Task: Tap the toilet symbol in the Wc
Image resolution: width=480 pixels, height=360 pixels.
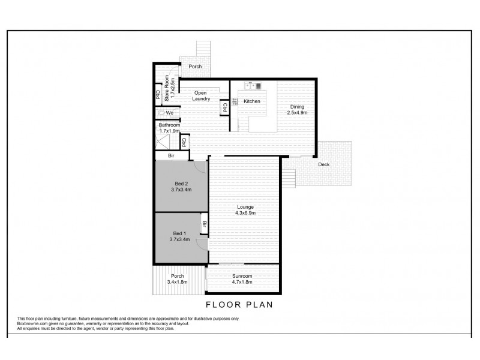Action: tap(161, 112)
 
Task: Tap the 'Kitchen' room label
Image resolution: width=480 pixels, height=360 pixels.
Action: tap(252, 101)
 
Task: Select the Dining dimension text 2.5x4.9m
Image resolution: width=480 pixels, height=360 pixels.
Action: tap(297, 112)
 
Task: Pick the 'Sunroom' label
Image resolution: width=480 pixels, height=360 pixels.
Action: tap(243, 275)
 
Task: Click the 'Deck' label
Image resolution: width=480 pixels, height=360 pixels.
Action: tap(323, 165)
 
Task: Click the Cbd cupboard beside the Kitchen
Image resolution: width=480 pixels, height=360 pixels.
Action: tap(224, 108)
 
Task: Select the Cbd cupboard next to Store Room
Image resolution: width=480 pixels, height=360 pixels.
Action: tap(157, 95)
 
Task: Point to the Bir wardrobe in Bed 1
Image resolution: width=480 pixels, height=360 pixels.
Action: tap(204, 225)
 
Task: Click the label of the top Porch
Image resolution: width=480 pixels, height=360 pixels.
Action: tap(195, 67)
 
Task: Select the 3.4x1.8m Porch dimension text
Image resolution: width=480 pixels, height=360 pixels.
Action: tap(177, 281)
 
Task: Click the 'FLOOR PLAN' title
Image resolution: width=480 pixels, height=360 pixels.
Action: tap(239, 304)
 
